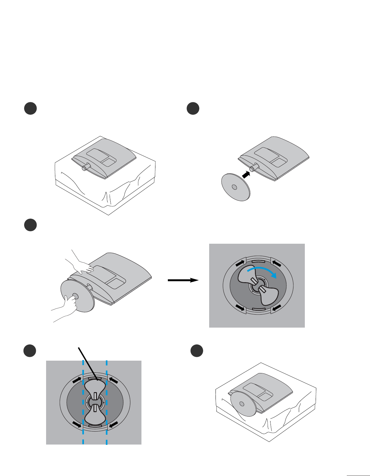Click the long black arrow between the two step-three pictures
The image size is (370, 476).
(x=183, y=280)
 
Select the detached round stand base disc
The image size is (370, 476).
(x=236, y=187)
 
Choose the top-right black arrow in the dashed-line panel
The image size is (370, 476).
(x=113, y=380)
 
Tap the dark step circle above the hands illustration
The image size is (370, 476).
(x=31, y=225)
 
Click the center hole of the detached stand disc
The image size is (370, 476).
(x=234, y=187)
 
